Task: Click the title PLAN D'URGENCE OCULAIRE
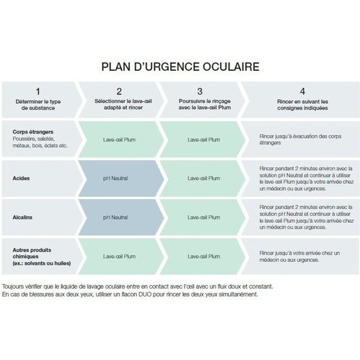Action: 180,67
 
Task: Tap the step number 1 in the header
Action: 38,92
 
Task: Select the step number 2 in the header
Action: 119,92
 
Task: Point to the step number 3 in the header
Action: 200,92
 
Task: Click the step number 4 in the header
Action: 302,92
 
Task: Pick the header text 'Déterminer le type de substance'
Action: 38,105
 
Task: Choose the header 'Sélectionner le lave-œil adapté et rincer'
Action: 123,105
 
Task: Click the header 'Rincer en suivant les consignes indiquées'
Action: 302,105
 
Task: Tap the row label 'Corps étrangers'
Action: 33,132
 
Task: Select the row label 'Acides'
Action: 21,178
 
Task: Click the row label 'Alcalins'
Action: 22,217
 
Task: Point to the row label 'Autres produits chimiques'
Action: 32,253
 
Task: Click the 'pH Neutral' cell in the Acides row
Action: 115,178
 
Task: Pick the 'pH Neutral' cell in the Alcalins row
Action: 115,217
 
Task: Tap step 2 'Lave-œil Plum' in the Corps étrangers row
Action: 119,140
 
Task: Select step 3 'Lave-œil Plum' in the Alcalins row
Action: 204,217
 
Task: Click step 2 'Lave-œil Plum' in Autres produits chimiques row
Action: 119,257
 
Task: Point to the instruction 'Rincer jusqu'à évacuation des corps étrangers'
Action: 300,139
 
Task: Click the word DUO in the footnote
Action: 145,294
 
